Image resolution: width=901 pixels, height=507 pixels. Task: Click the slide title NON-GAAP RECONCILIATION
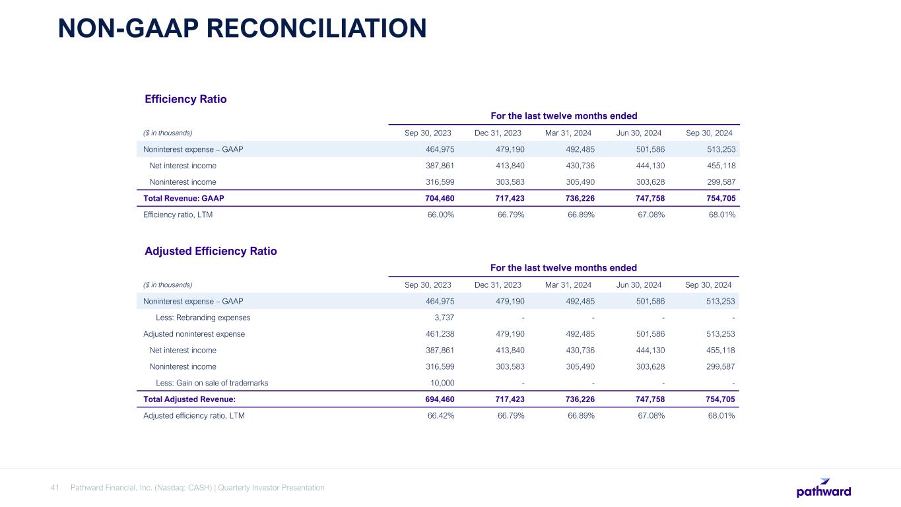click(x=242, y=28)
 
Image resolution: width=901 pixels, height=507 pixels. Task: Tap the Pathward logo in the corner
click(x=823, y=489)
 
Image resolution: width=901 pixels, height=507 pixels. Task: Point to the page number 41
click(x=55, y=488)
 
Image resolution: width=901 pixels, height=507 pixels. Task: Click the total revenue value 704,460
click(x=438, y=197)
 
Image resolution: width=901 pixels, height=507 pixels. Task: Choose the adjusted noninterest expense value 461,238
click(x=438, y=333)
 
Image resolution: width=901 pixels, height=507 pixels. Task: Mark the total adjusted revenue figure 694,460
click(x=438, y=399)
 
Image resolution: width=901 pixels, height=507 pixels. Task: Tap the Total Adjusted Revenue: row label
click(x=189, y=399)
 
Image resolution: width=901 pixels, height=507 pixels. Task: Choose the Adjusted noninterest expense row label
click(x=194, y=333)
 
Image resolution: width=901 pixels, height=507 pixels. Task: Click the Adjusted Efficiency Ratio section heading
click(x=211, y=251)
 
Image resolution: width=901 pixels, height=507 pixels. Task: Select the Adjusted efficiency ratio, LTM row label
click(x=194, y=416)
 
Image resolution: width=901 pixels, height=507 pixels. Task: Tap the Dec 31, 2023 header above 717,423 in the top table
click(x=498, y=133)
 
